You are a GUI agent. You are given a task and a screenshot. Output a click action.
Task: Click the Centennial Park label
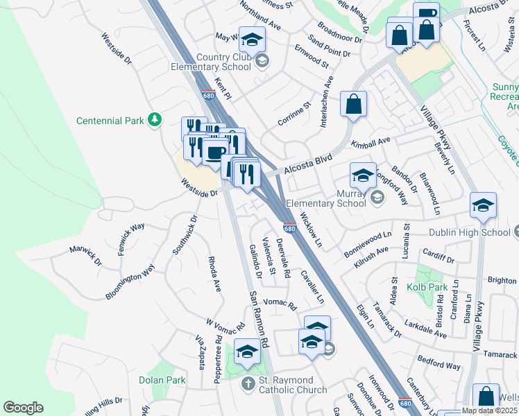tap(110, 121)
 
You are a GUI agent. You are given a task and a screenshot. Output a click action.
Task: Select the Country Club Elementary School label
tap(212, 62)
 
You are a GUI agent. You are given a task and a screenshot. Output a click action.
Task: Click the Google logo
tap(23, 408)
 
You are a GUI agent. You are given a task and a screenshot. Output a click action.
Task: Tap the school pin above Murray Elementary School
tap(363, 175)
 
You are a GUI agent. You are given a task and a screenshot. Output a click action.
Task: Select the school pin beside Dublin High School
tap(483, 205)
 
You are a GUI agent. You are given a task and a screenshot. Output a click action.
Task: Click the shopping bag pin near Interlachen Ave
tap(353, 104)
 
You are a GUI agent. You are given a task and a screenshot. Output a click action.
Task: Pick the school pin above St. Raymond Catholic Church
tap(248, 352)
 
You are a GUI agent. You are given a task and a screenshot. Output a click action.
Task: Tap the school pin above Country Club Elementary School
tap(253, 40)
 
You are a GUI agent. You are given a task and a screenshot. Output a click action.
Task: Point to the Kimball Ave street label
tap(371, 143)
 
